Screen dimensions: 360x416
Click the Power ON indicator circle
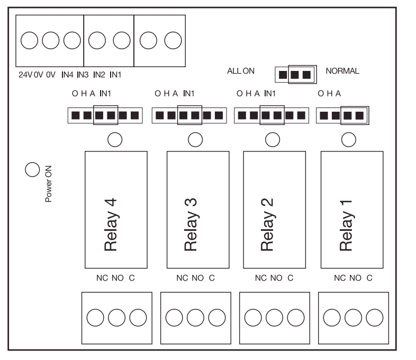click(32, 169)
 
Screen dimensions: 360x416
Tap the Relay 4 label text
click(110, 225)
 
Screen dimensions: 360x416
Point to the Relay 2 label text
click(267, 225)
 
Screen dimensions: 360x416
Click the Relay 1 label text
click(346, 225)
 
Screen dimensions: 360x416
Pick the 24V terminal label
click(25, 75)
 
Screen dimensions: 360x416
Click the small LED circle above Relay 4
click(115, 139)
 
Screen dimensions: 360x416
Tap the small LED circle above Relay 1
click(349, 139)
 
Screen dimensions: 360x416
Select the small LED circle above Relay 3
click(195, 139)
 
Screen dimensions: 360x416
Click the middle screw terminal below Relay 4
click(116, 317)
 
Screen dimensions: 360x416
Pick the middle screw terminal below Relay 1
click(352, 317)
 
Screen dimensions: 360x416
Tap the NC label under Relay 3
click(182, 278)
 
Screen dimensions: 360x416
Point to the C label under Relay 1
click(369, 278)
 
